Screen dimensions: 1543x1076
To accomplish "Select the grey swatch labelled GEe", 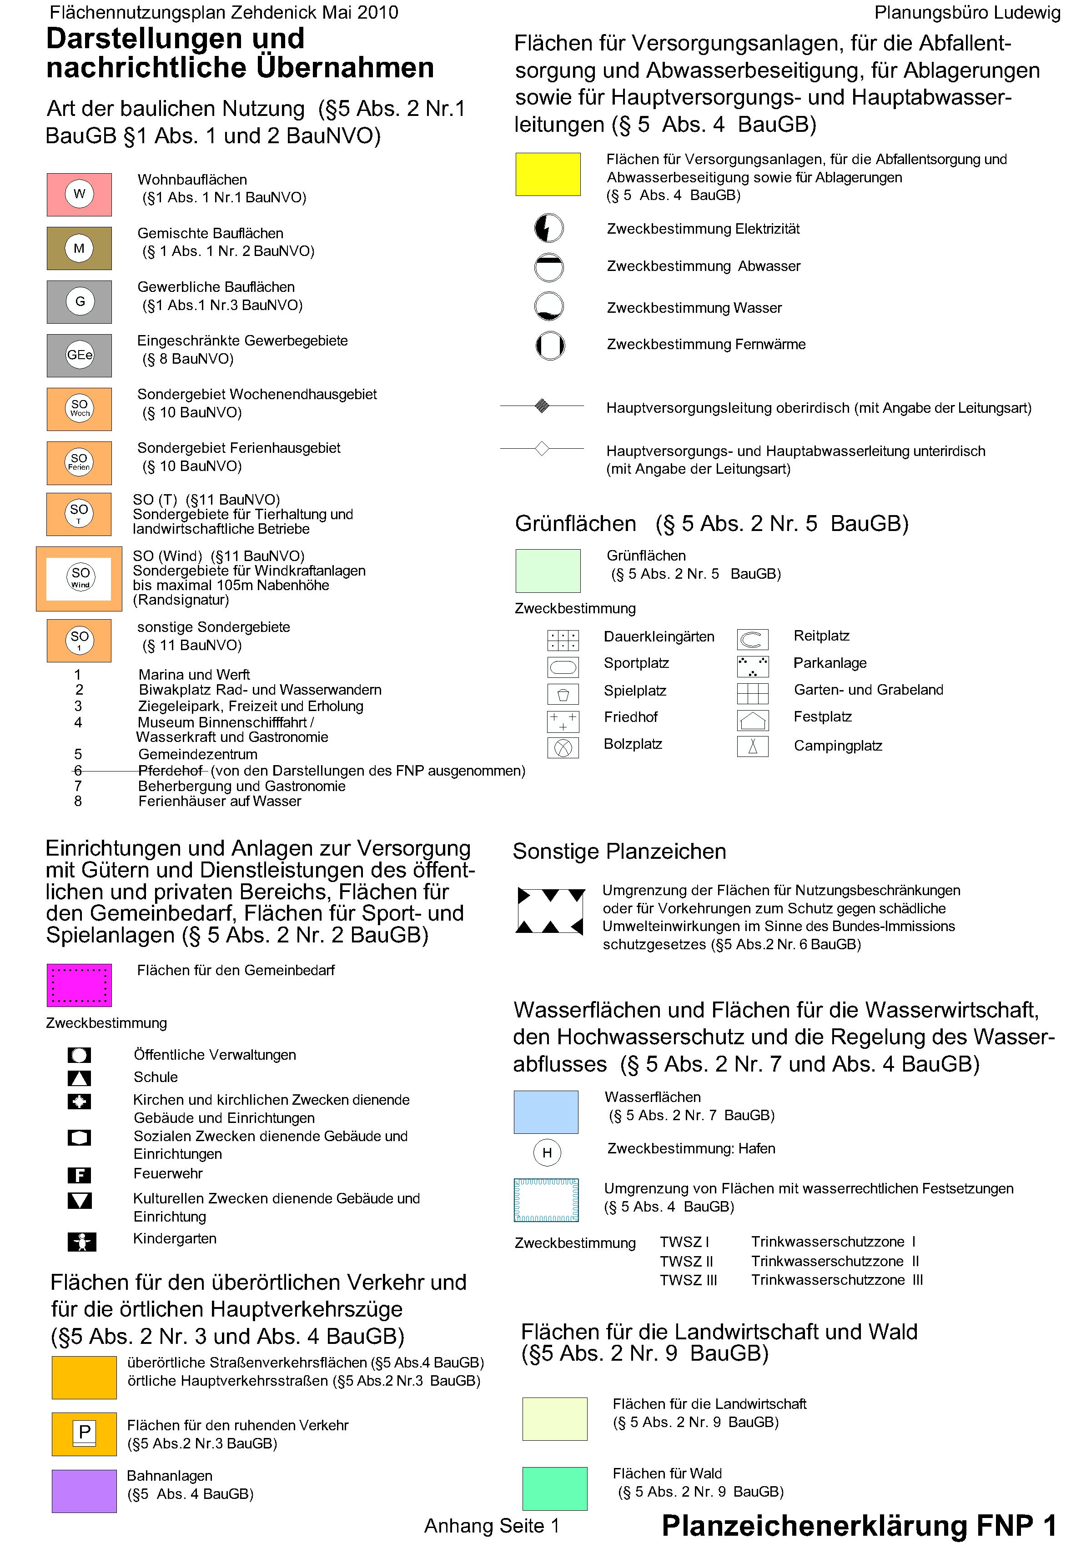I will tap(79, 355).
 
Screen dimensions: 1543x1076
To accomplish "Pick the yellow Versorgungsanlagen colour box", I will tap(547, 174).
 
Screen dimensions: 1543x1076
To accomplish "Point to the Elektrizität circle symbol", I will tap(548, 229).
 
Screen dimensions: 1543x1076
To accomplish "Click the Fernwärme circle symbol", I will tap(550, 346).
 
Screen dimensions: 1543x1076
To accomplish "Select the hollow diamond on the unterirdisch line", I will tap(542, 448).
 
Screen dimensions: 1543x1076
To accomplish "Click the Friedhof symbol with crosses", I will tap(563, 721).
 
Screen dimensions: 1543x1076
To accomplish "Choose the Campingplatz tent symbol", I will tap(752, 746).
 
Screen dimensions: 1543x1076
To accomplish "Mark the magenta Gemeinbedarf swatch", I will tap(79, 985).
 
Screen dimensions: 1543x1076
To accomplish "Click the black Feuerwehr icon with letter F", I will tap(79, 1175).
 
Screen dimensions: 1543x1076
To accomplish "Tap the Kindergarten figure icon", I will tap(82, 1241).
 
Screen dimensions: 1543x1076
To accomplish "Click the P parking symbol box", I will tap(84, 1433).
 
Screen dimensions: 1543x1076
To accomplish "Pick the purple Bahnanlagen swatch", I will tap(84, 1491).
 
